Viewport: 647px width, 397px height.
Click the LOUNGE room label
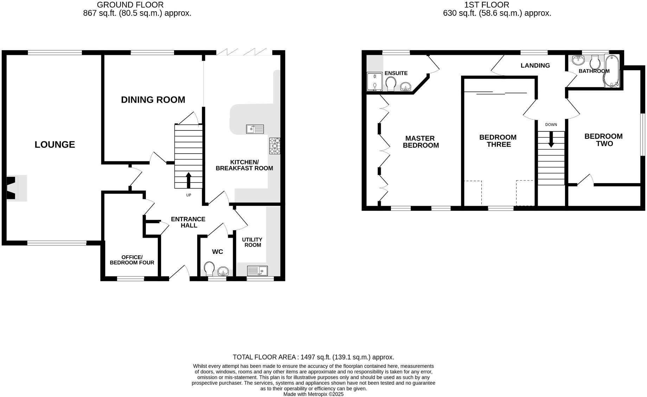coord(55,145)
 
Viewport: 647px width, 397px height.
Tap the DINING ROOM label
coord(153,100)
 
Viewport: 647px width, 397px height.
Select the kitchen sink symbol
coord(255,129)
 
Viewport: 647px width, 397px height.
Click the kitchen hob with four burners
coord(275,146)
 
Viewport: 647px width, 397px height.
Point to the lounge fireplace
coord(13,188)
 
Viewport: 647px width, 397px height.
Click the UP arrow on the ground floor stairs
coord(188,180)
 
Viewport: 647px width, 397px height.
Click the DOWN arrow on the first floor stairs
coord(551,139)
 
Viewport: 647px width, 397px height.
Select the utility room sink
coord(257,271)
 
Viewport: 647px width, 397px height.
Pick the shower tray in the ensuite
coord(375,82)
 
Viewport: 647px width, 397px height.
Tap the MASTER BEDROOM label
coord(421,142)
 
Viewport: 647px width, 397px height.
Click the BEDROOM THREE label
coord(498,141)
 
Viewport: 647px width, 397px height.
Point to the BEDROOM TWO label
coord(603,140)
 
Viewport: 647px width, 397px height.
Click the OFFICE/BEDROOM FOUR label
coord(132,260)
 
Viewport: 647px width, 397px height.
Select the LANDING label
coord(535,65)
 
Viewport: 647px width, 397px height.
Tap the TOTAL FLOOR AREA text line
coord(313,357)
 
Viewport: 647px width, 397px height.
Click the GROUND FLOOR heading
coord(130,5)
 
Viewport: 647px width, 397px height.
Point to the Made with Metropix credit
coord(313,394)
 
